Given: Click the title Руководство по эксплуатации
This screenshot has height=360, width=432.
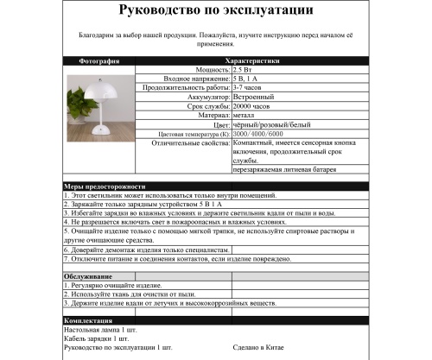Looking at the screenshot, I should point(216,12).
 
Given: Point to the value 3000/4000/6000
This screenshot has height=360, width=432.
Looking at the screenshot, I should point(257,134).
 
